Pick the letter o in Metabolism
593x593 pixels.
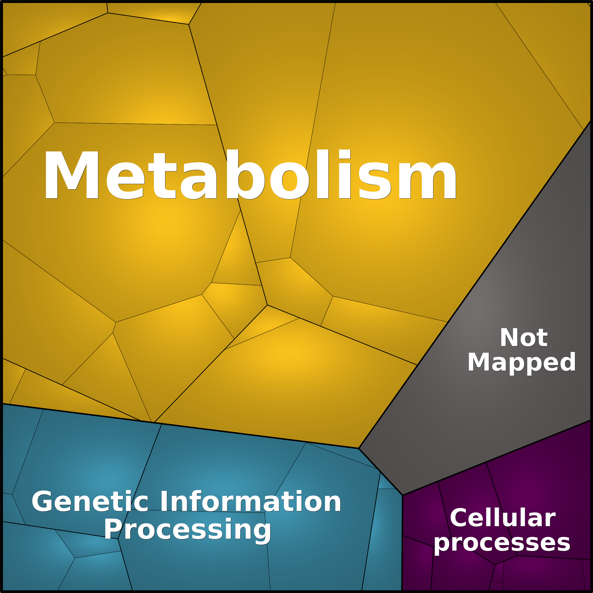pos(289,181)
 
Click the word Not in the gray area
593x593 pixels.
pos(524,337)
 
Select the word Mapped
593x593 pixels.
pos(522,363)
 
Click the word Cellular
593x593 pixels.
pos(503,518)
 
